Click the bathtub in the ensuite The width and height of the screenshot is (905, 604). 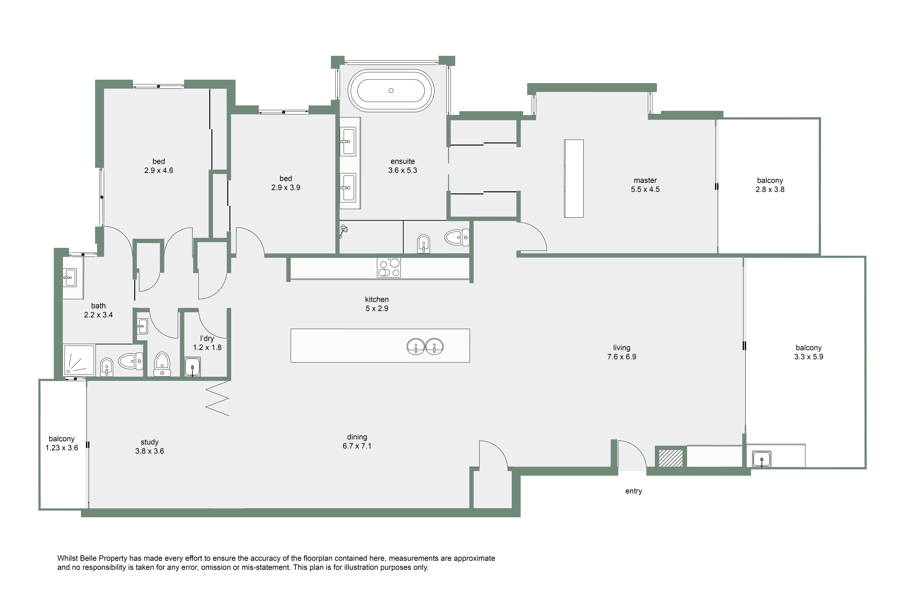391,91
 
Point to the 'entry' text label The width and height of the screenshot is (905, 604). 633,491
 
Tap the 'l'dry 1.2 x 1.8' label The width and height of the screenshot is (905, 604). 207,343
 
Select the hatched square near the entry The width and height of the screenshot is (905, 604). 671,458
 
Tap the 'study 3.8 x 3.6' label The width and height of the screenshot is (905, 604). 150,446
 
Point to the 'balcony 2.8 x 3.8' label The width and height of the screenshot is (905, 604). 770,185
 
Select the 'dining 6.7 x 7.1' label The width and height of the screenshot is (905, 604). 357,441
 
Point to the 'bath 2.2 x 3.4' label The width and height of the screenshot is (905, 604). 99,310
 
